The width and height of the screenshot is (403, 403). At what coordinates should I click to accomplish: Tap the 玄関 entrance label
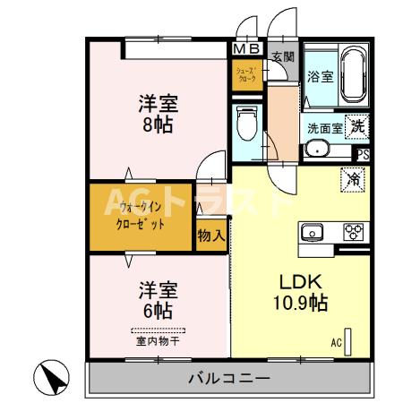(283, 56)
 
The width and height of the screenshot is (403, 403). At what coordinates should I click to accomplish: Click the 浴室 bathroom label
(321, 76)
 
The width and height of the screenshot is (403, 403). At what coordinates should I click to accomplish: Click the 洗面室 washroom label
(323, 127)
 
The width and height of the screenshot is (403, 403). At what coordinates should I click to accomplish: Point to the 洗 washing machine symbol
(357, 126)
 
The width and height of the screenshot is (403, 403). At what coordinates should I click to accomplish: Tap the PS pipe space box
(362, 155)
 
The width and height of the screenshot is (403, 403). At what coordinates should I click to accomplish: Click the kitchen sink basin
(313, 232)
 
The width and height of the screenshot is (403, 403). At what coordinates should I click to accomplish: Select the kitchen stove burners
(353, 232)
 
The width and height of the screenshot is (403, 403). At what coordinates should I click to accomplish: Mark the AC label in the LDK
(337, 342)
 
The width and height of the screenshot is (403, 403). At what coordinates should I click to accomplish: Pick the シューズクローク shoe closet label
(246, 74)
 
